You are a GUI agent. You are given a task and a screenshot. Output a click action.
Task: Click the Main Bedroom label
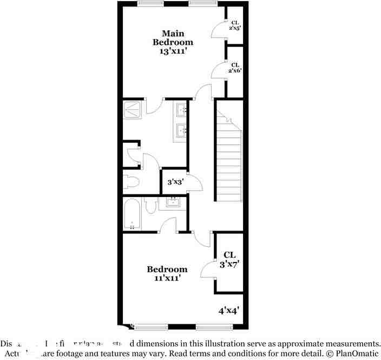click(173, 37)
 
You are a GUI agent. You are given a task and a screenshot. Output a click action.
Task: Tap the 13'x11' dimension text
click(173, 51)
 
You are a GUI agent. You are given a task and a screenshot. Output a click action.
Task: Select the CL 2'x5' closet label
click(235, 25)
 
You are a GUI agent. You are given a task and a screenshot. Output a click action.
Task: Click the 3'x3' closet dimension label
click(175, 182)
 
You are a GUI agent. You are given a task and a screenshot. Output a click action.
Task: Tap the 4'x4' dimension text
click(228, 311)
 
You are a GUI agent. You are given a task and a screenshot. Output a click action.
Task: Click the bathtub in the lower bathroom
click(132, 214)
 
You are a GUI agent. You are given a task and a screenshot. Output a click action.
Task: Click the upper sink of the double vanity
click(181, 112)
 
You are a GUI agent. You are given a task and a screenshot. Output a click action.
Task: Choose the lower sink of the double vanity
click(181, 130)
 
